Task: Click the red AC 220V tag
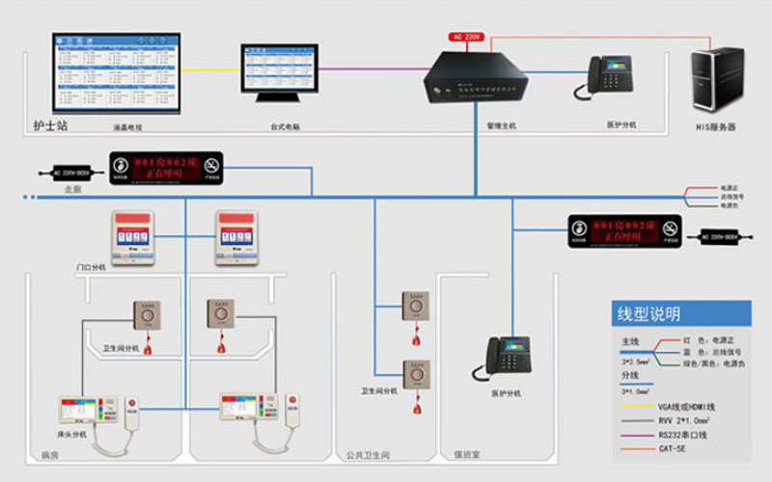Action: click(467, 36)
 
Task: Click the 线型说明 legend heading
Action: click(648, 314)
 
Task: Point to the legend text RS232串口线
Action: click(682, 435)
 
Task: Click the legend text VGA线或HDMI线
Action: click(687, 407)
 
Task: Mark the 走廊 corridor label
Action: click(72, 190)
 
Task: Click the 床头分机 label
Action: click(71, 435)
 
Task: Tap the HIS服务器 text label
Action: click(716, 126)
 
